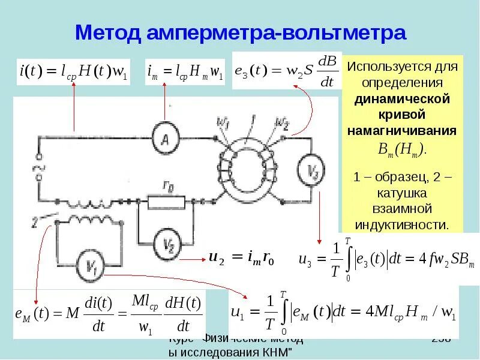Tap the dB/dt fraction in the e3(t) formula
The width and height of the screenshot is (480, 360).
(x=327, y=72)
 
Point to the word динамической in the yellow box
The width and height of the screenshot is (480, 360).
(x=402, y=97)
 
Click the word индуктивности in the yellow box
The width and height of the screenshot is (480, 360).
(x=402, y=225)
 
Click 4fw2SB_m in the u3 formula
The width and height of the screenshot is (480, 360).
(x=442, y=259)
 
